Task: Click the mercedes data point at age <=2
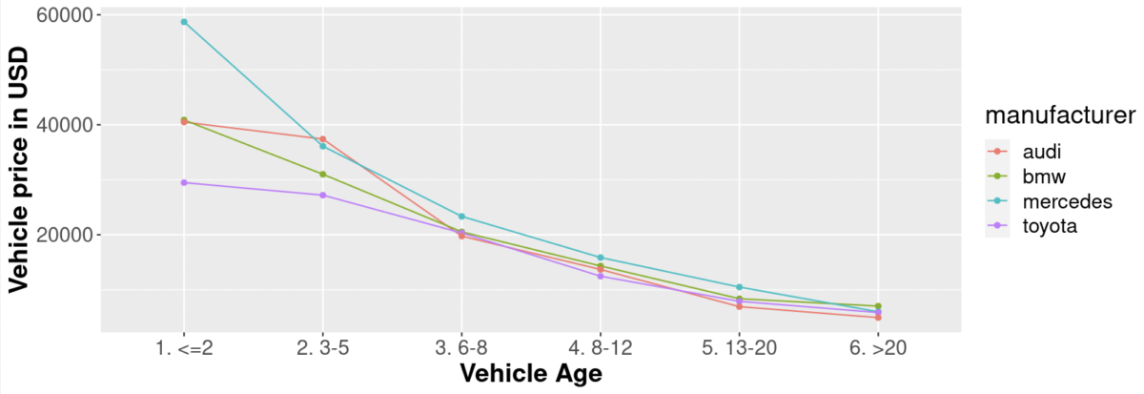184,22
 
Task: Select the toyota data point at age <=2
184,182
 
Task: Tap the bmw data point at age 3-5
323,175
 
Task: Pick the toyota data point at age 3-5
323,196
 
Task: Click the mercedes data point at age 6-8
461,217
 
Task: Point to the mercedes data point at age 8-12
601,258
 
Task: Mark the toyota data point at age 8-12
601,276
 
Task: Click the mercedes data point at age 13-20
739,287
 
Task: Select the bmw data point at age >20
878,306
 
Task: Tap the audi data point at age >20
878,317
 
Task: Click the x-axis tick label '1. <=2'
184,348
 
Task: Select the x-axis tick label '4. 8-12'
601,348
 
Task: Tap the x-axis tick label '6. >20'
878,348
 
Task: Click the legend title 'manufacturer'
1059,116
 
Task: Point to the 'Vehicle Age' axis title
530,374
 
